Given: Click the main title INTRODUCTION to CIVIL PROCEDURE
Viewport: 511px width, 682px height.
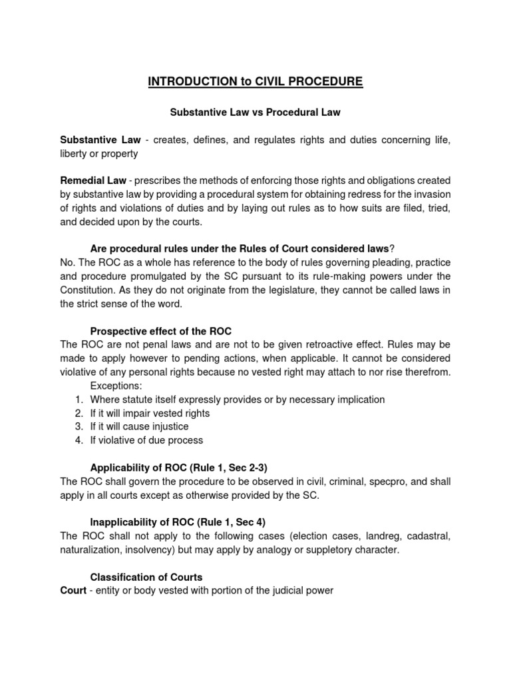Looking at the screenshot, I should click(x=255, y=82).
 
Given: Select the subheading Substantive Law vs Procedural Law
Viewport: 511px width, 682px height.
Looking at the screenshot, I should click(x=255, y=112).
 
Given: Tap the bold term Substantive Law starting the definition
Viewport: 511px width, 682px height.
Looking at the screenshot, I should click(x=100, y=139).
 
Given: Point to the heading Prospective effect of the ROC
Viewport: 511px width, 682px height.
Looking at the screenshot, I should click(x=160, y=331).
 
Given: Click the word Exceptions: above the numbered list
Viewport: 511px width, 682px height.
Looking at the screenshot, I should click(x=115, y=386).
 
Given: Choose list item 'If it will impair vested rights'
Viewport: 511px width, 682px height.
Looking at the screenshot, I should click(x=150, y=413).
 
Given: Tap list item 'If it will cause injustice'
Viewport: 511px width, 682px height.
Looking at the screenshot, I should click(x=140, y=426).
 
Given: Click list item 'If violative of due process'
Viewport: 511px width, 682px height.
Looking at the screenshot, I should click(x=147, y=440).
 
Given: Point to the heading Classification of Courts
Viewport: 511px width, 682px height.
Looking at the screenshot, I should click(x=146, y=577).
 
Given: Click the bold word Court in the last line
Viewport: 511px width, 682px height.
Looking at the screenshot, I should click(x=73, y=590).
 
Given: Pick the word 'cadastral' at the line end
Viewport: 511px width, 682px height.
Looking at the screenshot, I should click(x=428, y=535).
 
